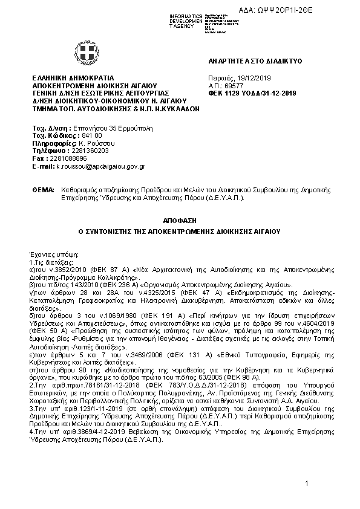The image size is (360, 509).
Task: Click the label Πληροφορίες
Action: [50, 143]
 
